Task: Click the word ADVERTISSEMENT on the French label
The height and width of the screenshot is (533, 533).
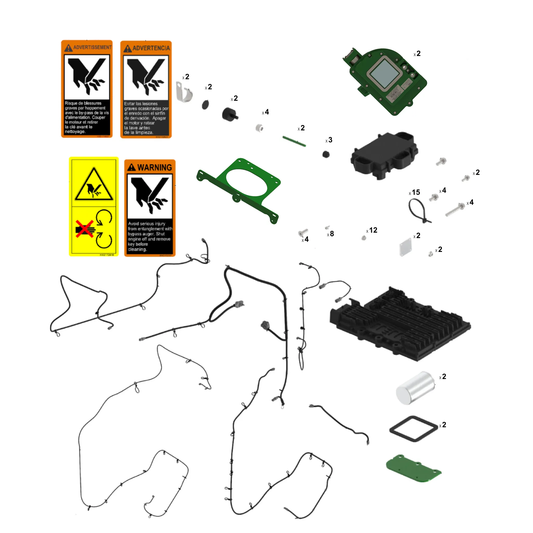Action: click(92, 47)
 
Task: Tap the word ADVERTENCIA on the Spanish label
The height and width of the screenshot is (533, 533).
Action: click(151, 48)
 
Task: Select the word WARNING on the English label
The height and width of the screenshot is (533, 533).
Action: click(154, 167)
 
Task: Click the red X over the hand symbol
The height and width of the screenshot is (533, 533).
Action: click(84, 229)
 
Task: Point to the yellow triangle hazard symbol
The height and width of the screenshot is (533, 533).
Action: click(94, 185)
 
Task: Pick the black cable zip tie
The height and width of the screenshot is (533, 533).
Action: click(418, 211)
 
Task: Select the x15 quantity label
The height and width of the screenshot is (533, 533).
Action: click(414, 192)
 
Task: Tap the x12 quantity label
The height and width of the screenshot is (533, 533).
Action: click(372, 230)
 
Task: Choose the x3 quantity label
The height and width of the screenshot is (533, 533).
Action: click(329, 140)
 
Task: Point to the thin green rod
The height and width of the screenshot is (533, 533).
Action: click(294, 141)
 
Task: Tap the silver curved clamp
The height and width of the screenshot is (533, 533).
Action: click(184, 92)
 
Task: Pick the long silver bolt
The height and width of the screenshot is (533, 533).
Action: click(455, 210)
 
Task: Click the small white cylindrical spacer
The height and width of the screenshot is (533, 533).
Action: click(259, 128)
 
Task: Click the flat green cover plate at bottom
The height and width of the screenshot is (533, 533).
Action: click(413, 468)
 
